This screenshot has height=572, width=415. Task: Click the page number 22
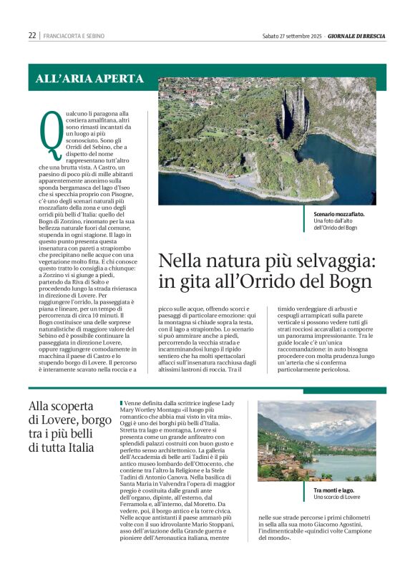(x=32, y=35)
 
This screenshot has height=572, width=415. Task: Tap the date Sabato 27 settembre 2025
(x=292, y=35)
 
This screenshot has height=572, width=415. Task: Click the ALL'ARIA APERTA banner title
(x=89, y=79)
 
